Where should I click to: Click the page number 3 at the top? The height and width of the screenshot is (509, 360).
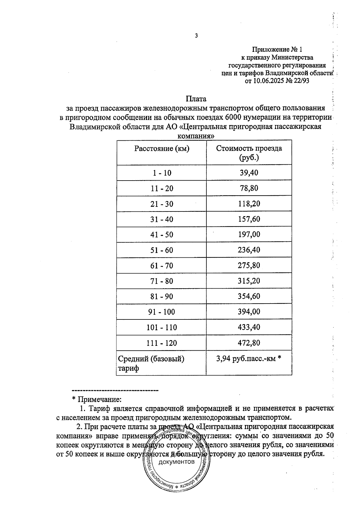[196, 36]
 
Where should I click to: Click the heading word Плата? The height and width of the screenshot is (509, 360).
[196, 99]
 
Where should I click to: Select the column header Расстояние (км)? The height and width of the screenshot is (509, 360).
[162, 148]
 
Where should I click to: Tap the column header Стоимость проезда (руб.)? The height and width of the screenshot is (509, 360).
[249, 153]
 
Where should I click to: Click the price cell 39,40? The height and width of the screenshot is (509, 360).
[249, 173]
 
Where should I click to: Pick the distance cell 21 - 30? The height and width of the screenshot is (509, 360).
[162, 204]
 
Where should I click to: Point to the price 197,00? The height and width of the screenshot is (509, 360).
[249, 234]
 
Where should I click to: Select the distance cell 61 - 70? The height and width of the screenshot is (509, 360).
[162, 266]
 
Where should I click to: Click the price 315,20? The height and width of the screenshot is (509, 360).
[249, 281]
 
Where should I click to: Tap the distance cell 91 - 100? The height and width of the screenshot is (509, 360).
[162, 312]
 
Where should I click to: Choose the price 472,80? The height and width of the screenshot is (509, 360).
[249, 343]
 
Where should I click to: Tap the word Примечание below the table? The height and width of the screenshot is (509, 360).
[100, 400]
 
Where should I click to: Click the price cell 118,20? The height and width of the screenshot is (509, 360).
[249, 204]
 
